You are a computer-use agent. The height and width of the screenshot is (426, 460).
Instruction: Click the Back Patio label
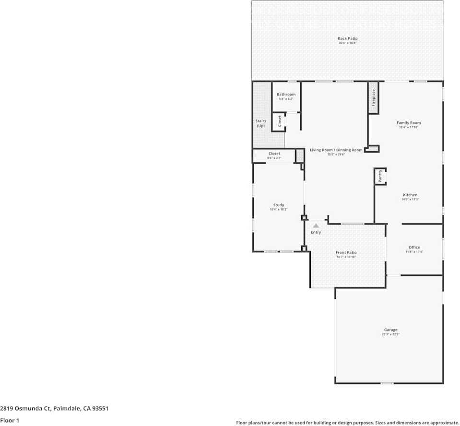point(348,38)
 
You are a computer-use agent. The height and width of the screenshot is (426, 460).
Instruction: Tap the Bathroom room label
point(286,95)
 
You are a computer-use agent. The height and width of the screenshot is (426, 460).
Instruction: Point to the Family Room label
point(409,123)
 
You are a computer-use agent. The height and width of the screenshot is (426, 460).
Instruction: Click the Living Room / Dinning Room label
point(336,150)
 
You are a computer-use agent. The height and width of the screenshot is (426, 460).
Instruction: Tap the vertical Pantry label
point(380,176)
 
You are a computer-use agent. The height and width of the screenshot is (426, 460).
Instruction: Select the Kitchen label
point(410,195)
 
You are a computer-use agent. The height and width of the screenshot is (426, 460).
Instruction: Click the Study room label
point(279,205)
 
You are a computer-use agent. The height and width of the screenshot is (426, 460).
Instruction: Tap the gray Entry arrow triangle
point(316,225)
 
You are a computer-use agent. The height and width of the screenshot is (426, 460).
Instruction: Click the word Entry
point(316,232)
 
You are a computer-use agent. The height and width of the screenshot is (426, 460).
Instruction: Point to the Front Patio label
point(346,252)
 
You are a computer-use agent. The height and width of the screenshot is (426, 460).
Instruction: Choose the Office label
point(414,248)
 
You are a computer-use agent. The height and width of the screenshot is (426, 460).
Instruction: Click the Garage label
point(390,330)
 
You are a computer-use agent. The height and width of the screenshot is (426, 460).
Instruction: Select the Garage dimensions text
point(390,334)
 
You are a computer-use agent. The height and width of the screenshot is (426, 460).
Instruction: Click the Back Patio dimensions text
point(348,43)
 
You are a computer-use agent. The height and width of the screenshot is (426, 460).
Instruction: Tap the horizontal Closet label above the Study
point(274,154)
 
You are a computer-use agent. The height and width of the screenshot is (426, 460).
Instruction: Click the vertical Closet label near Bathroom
point(280,121)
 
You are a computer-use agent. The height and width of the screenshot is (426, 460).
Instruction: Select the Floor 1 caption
point(10,420)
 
